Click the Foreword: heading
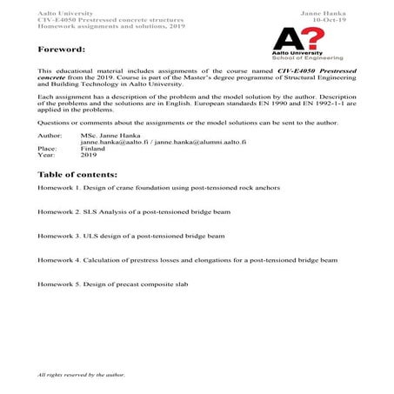point(62,50)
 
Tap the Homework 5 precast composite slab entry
point(112,284)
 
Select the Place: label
point(48,149)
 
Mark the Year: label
point(47,155)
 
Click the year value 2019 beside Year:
point(88,155)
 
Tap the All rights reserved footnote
point(82,374)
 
